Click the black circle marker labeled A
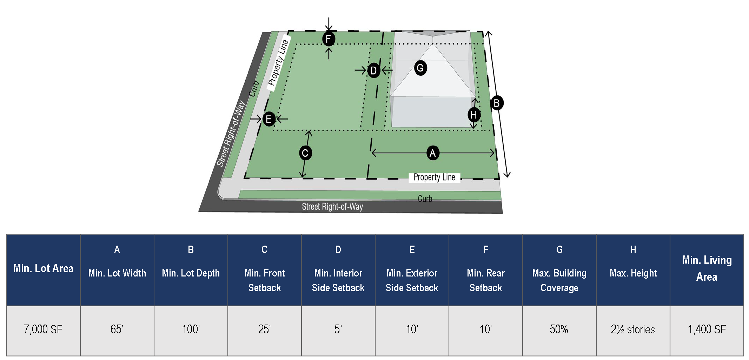432,153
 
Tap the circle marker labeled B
496,103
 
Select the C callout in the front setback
305,153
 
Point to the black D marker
373,71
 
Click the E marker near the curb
269,119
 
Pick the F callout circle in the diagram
329,39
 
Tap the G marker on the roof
420,68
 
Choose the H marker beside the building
474,114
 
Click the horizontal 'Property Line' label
434,178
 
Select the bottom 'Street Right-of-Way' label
332,207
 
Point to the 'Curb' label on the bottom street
425,199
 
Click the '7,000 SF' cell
43,329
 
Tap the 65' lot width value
117,329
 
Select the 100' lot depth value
191,329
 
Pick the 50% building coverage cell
559,329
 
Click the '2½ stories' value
632,329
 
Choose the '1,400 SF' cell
707,329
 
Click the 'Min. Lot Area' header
43,269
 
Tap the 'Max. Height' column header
633,273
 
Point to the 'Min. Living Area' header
707,268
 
